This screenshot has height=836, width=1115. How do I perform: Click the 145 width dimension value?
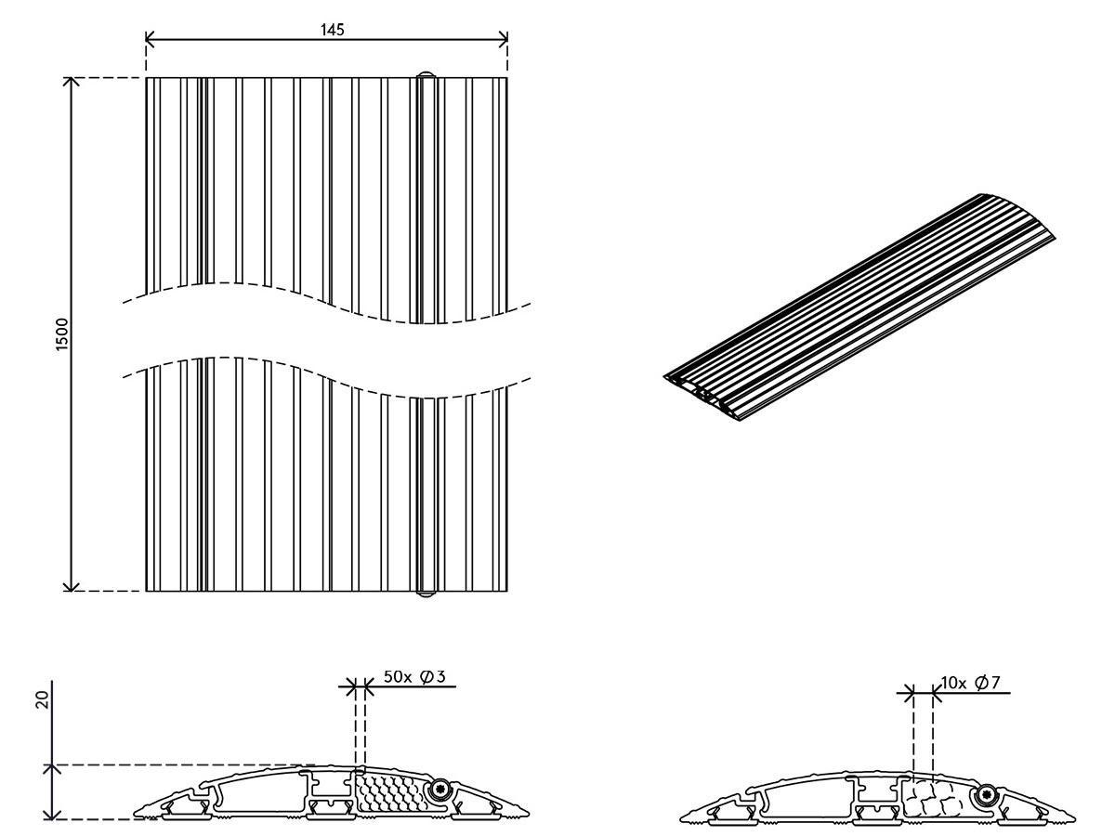tap(333, 30)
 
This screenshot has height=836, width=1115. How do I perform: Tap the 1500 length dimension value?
tap(61, 334)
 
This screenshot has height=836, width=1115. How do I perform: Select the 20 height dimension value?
tap(43, 700)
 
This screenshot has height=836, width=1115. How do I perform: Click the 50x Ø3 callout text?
tap(414, 676)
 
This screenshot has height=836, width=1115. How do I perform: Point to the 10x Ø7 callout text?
tap(970, 683)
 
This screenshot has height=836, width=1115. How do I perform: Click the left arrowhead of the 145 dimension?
tap(150, 39)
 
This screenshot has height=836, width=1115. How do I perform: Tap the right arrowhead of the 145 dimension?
tap(504, 39)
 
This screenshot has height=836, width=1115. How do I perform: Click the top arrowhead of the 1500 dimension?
tap(72, 83)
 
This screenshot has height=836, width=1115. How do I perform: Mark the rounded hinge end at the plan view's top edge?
tap(426, 74)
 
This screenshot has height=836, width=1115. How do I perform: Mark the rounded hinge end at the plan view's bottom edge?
tap(426, 594)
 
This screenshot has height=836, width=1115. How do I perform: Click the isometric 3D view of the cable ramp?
tap(859, 307)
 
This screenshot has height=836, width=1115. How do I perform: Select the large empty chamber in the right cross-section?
tap(809, 797)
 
